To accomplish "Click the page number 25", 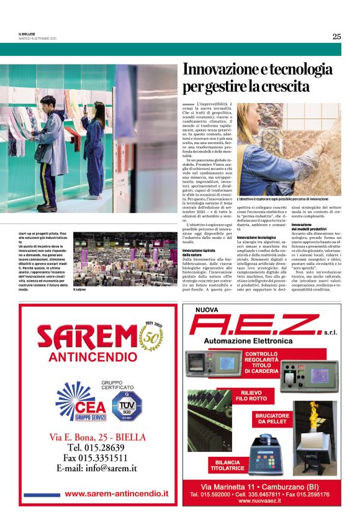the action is point(336,37).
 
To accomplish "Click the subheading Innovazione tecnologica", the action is point(256,237).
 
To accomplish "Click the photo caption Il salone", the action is point(80,290).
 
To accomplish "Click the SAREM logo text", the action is point(87,339).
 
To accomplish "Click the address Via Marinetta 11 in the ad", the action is point(223,485).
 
